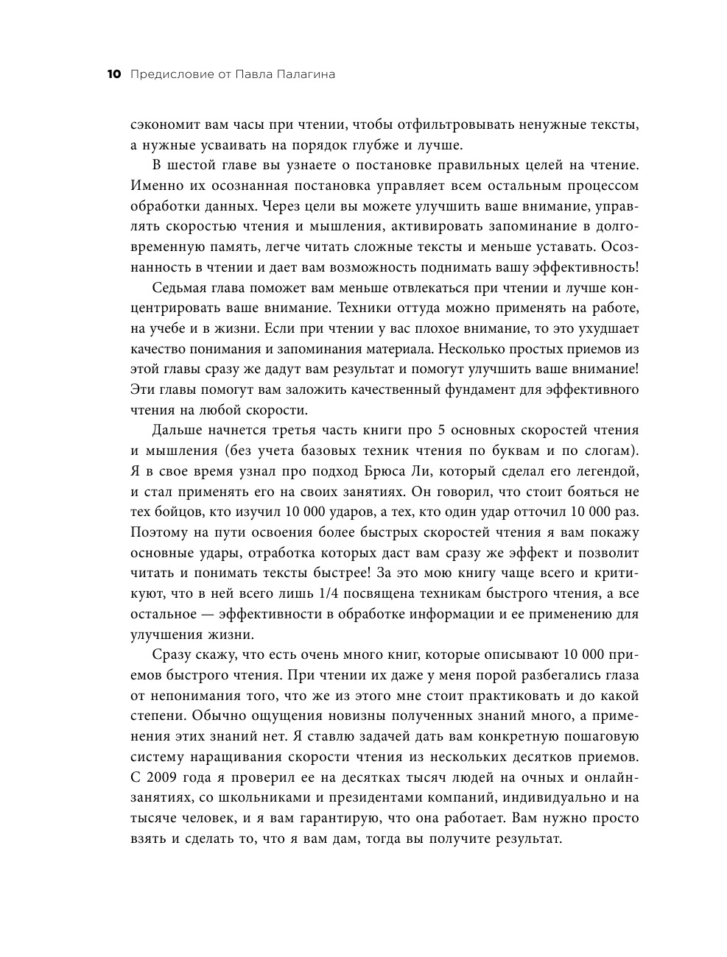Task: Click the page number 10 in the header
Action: (113, 74)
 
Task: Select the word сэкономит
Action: (162, 124)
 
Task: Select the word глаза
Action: (619, 675)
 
